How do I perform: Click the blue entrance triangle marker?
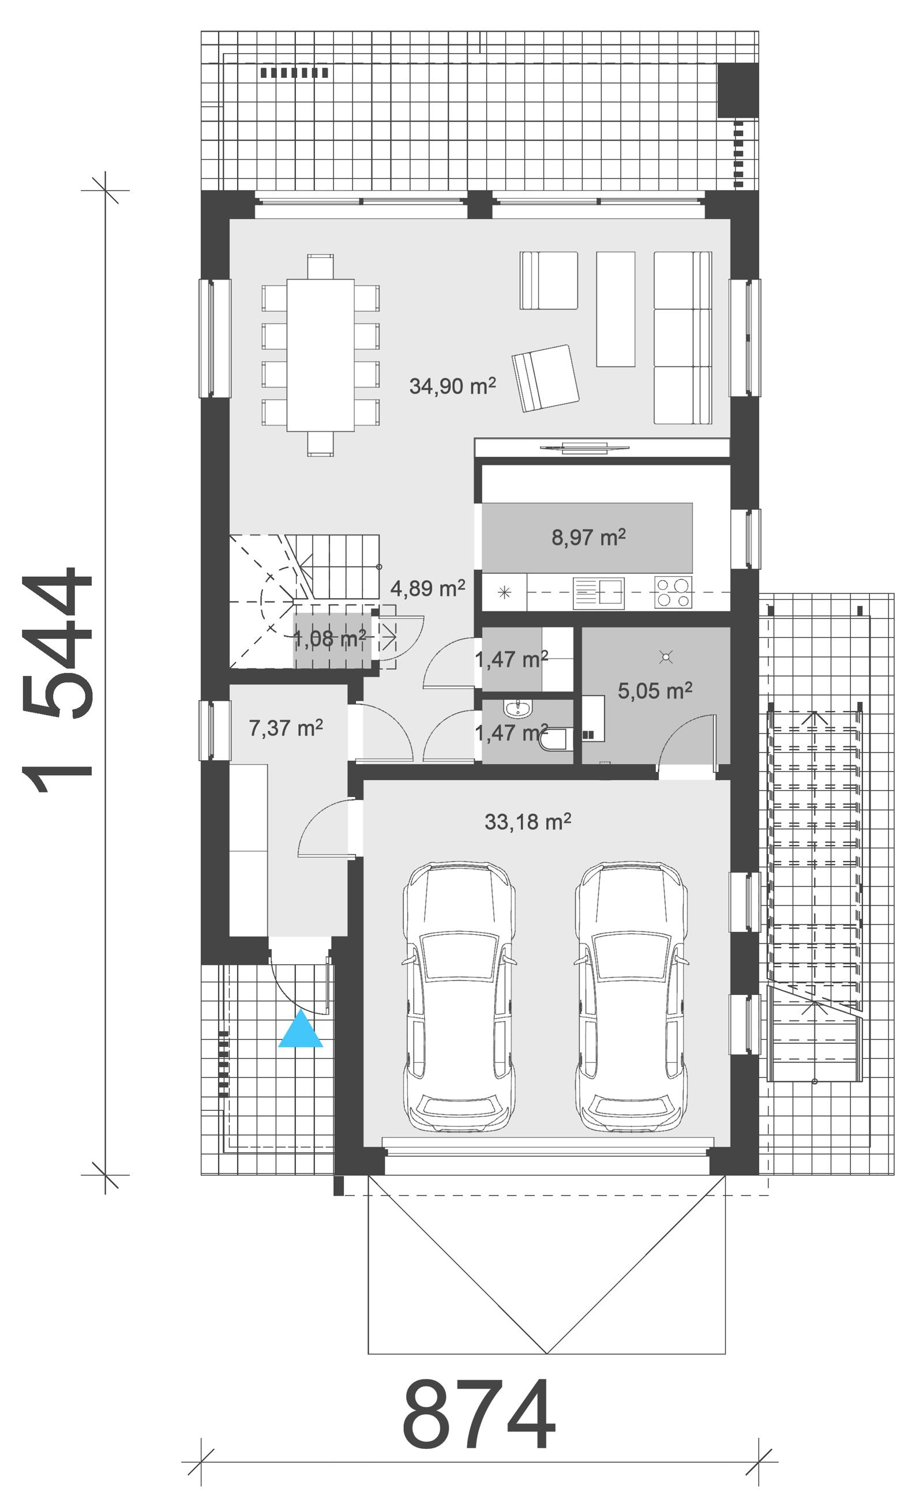click(x=301, y=1032)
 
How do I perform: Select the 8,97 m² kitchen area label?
click(x=588, y=537)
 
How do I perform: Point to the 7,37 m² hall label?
click(x=286, y=727)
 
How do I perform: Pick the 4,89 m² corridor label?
click(x=427, y=588)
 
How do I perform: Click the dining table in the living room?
click(x=321, y=355)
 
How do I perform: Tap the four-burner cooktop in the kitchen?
click(x=673, y=591)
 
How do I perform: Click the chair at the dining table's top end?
click(x=321, y=266)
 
